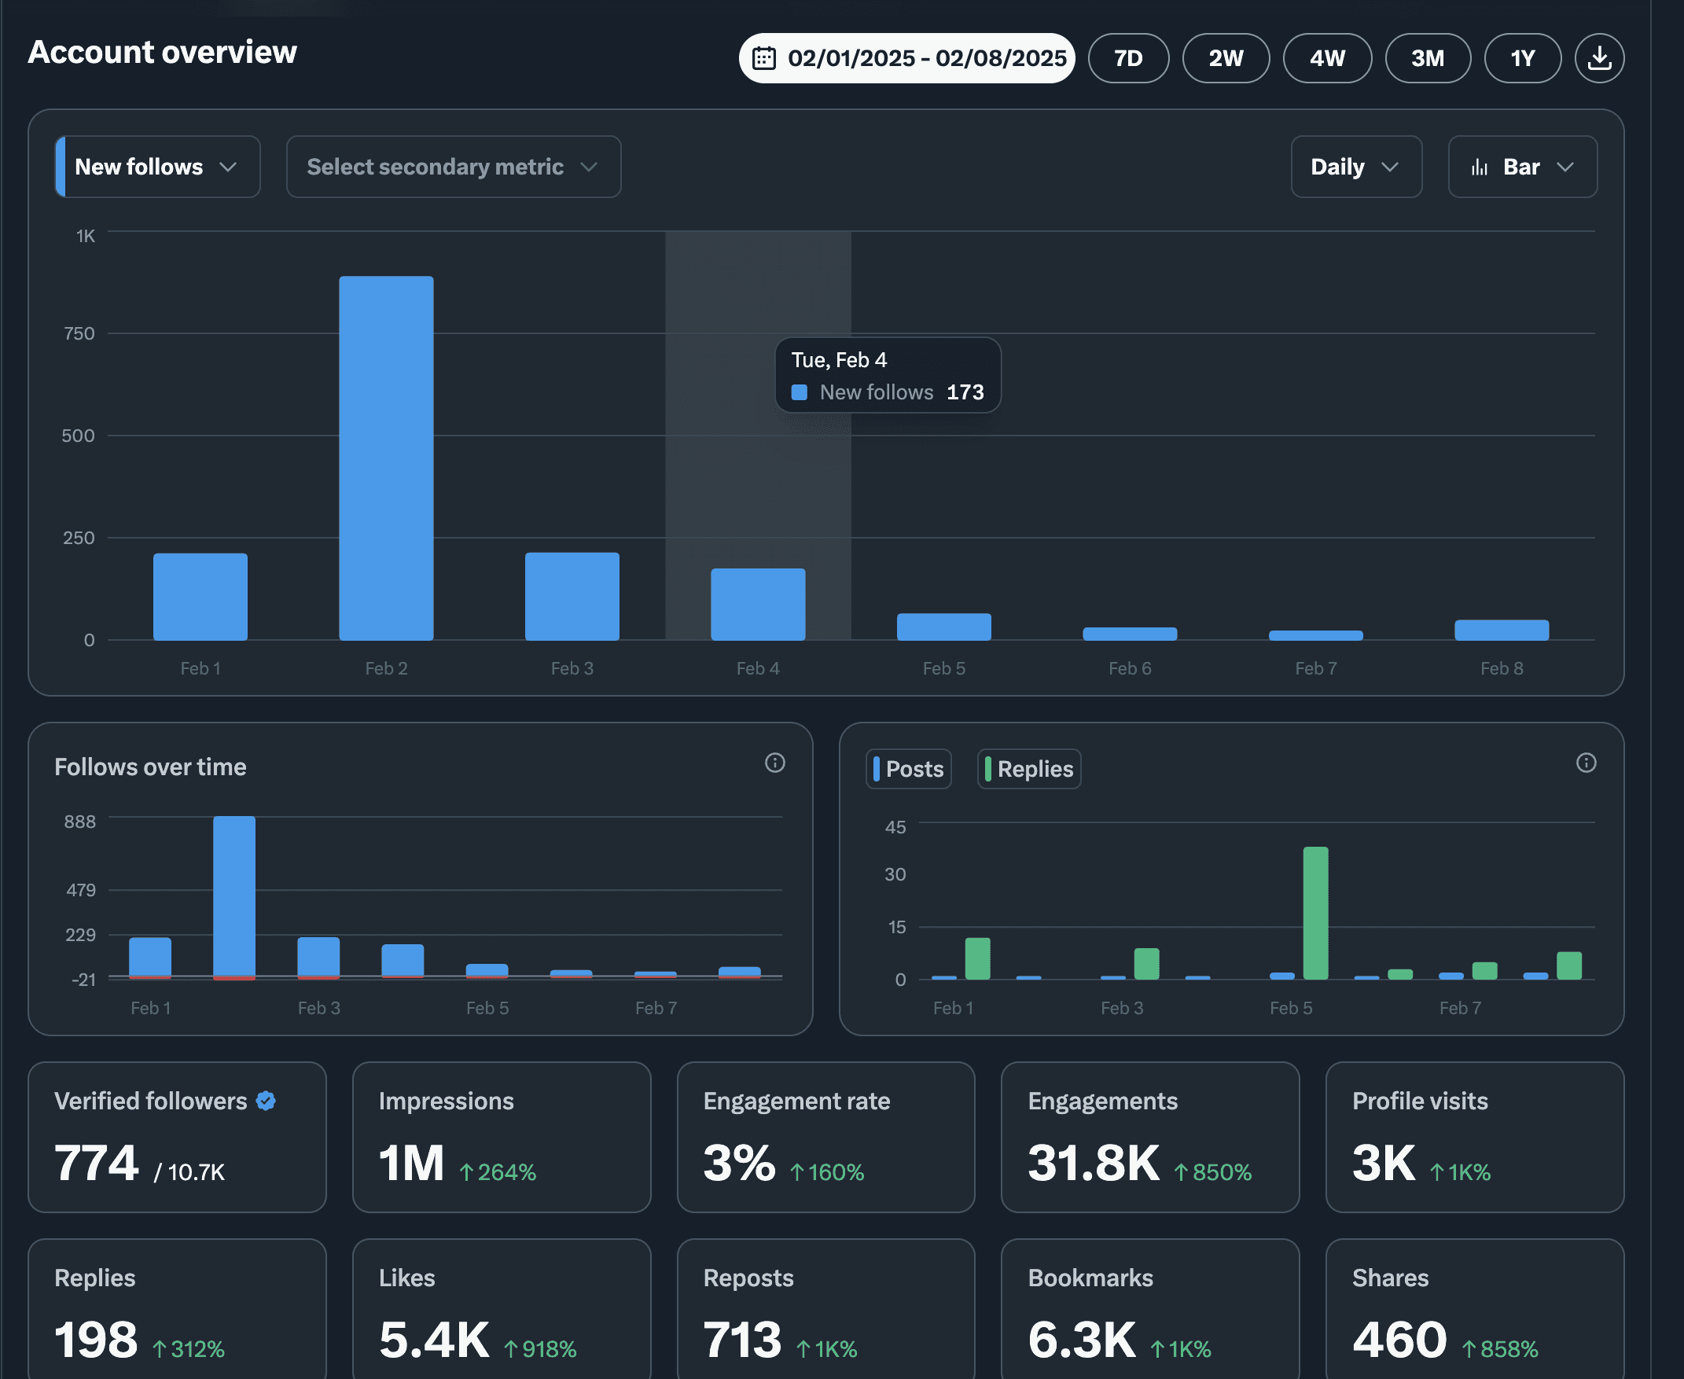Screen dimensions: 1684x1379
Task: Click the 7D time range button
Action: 1128,58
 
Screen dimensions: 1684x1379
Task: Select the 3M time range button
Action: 1428,58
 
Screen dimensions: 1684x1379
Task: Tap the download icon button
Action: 1599,58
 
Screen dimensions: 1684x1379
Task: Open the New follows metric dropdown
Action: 157,167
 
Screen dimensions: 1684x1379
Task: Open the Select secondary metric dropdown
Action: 454,167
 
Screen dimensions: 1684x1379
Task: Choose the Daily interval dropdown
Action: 1356,167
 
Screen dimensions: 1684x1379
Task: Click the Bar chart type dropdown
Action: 1522,167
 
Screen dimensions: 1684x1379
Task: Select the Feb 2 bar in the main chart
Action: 386,458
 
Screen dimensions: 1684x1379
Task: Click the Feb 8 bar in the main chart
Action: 1502,630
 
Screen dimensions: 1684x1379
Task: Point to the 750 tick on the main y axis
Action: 79,333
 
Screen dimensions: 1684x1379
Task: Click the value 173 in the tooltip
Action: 965,392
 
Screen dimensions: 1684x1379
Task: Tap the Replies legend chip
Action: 1028,769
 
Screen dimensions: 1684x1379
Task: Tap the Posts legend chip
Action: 908,769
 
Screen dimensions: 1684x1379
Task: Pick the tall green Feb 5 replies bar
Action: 1315,913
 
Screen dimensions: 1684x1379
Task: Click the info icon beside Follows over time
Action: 774,763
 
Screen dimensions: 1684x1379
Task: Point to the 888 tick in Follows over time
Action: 79,822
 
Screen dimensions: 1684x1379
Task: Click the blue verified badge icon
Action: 266,1101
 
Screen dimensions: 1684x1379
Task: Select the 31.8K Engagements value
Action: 1093,1163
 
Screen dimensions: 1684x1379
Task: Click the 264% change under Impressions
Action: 498,1172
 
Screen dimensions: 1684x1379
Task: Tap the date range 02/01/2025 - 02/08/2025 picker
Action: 906,58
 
